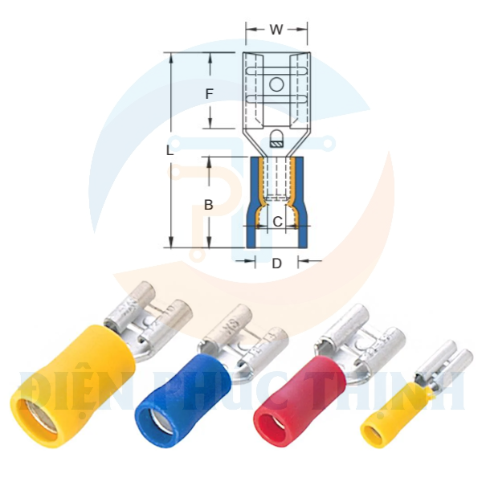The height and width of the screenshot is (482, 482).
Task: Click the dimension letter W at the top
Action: (x=276, y=30)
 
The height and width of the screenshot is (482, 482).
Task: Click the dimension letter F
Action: (x=209, y=94)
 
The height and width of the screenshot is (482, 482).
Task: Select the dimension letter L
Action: (x=170, y=150)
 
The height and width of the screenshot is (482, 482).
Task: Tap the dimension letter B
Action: (x=208, y=205)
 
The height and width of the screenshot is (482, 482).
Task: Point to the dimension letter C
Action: (x=276, y=221)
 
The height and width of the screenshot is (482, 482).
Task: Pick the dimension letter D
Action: (x=276, y=263)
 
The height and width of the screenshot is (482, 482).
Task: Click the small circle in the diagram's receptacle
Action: (x=276, y=84)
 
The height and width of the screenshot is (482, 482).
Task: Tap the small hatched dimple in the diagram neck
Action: (x=276, y=143)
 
